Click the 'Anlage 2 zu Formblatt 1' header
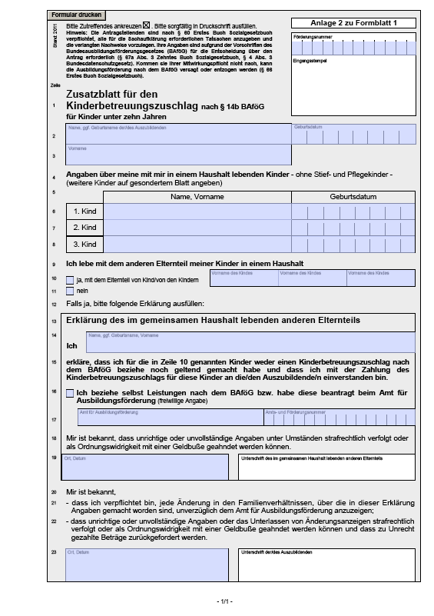coord(353,24)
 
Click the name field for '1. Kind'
coord(197,211)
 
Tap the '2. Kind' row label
coord(84,228)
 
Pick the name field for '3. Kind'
coord(197,245)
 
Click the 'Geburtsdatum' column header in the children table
coord(353,196)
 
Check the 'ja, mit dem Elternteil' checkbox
coord(70,280)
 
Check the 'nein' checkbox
coord(70,291)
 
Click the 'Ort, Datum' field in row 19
coord(147,466)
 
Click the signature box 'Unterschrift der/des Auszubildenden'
coord(326,566)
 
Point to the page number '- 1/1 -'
coord(223,601)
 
